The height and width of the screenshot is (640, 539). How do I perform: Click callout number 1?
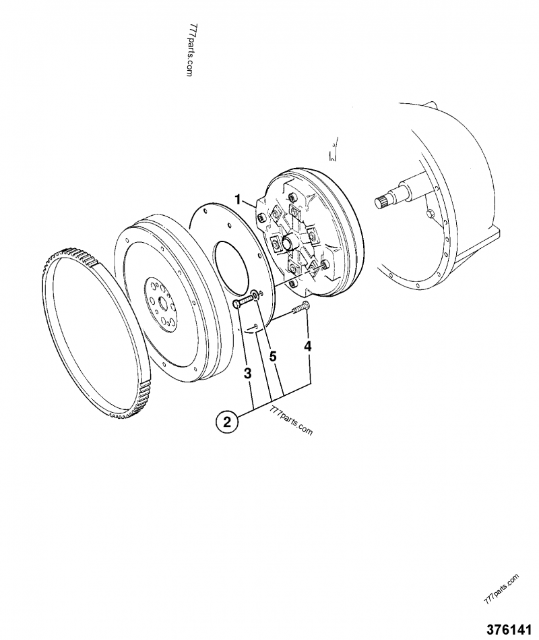238,199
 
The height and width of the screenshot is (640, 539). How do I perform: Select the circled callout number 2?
227,422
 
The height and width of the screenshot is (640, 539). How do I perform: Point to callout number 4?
307,347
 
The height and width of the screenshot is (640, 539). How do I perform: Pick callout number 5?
273,357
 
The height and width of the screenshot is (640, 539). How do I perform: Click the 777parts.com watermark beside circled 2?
291,420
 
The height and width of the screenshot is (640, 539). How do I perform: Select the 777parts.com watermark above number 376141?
501,588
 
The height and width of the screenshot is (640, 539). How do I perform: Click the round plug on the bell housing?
429,215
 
